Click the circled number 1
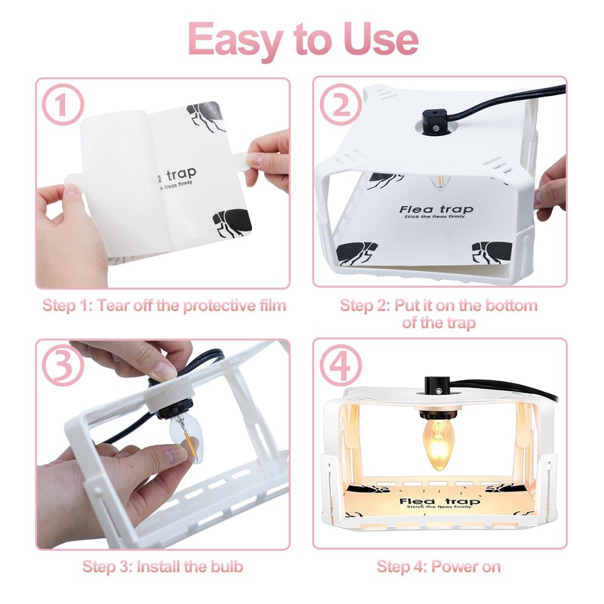63,106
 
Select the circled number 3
63,366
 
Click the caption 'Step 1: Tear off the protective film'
164,306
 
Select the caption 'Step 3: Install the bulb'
162,566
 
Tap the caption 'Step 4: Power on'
439,566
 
